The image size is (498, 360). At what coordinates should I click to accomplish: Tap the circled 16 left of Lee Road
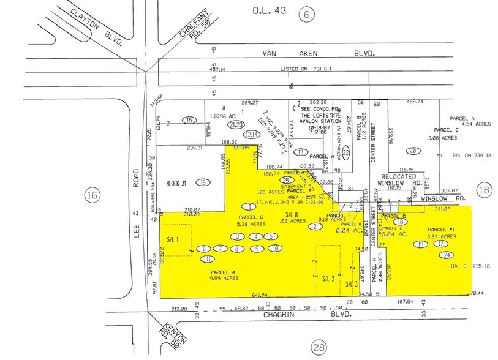click(x=92, y=195)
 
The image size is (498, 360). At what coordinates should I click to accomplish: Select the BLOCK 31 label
click(x=179, y=182)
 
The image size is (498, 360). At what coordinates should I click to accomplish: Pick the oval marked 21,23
click(x=235, y=125)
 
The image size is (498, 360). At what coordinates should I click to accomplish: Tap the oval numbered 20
click(x=413, y=151)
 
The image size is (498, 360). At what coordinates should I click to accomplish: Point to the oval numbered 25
click(x=284, y=180)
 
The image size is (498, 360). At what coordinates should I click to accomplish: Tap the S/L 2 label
click(x=328, y=279)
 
